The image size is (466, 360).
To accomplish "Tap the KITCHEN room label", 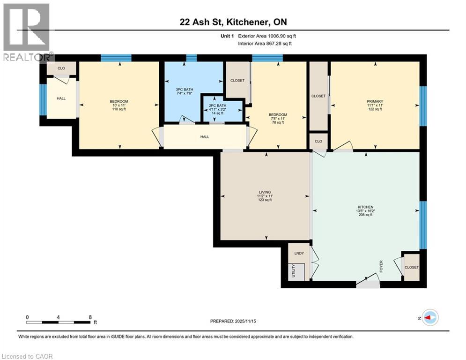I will [x=366, y=207].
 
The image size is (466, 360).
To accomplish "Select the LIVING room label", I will [x=265, y=191].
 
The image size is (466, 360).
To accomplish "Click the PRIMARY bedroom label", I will [x=375, y=102].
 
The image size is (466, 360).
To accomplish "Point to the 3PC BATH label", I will [x=184, y=89].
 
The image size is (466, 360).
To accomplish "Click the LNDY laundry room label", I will [x=299, y=253].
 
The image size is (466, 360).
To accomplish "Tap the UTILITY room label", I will [x=294, y=271].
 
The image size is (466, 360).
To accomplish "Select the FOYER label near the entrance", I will [x=381, y=267].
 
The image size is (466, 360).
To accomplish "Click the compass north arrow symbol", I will [x=430, y=318].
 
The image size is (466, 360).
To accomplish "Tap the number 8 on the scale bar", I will [x=90, y=317].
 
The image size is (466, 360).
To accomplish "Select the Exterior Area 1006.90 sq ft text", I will [x=267, y=36].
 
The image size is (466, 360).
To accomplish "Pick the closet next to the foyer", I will [x=412, y=267].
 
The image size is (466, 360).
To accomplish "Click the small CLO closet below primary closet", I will [x=318, y=141].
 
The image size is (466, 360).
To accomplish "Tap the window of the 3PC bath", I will [x=191, y=58].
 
